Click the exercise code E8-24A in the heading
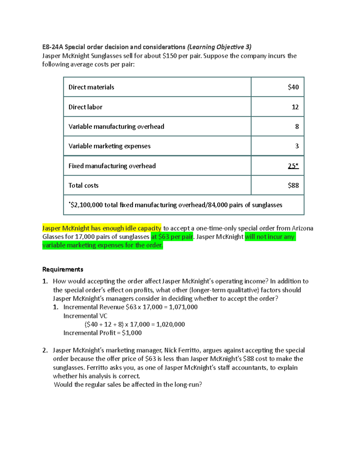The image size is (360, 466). (52, 47)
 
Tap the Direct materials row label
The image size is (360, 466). (91, 87)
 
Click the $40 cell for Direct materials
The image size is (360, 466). (293, 87)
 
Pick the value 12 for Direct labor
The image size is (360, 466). (295, 107)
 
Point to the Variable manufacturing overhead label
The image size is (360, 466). (116, 127)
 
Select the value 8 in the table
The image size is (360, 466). (297, 127)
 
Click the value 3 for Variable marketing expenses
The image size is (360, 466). (297, 146)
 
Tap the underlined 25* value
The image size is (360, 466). (293, 166)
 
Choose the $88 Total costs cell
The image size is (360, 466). (293, 185)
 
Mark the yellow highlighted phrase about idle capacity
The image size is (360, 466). (102, 228)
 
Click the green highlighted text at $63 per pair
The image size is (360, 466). (172, 237)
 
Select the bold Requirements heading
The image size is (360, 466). (63, 269)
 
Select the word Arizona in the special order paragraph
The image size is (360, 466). (302, 228)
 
